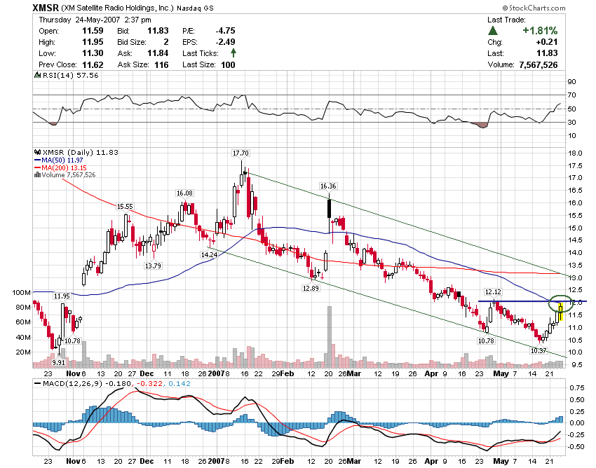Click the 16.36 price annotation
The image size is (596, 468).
click(x=328, y=186)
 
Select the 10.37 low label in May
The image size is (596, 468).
click(x=539, y=350)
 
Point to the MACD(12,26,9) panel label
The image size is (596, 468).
click(x=72, y=383)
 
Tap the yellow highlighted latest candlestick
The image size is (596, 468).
click(x=561, y=309)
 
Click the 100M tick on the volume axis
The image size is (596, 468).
click(x=41, y=292)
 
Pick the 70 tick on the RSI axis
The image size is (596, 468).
click(x=571, y=95)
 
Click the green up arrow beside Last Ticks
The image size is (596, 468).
click(x=233, y=53)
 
